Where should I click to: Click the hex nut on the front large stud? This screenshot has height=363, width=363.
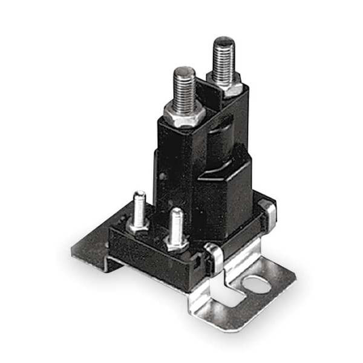[x=185, y=115]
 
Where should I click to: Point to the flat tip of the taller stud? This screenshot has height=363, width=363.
[x=224, y=41]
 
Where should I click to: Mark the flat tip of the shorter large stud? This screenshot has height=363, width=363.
[x=185, y=71]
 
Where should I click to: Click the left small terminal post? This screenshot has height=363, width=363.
[x=139, y=209]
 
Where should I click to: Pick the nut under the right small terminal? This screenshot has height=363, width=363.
[x=176, y=244]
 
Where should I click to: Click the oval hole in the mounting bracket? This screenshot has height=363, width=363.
[x=258, y=283]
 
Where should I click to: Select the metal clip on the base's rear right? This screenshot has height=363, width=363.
[x=268, y=212]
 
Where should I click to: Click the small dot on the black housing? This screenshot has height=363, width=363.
[x=162, y=177]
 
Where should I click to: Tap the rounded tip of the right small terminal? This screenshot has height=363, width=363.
[x=176, y=212]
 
